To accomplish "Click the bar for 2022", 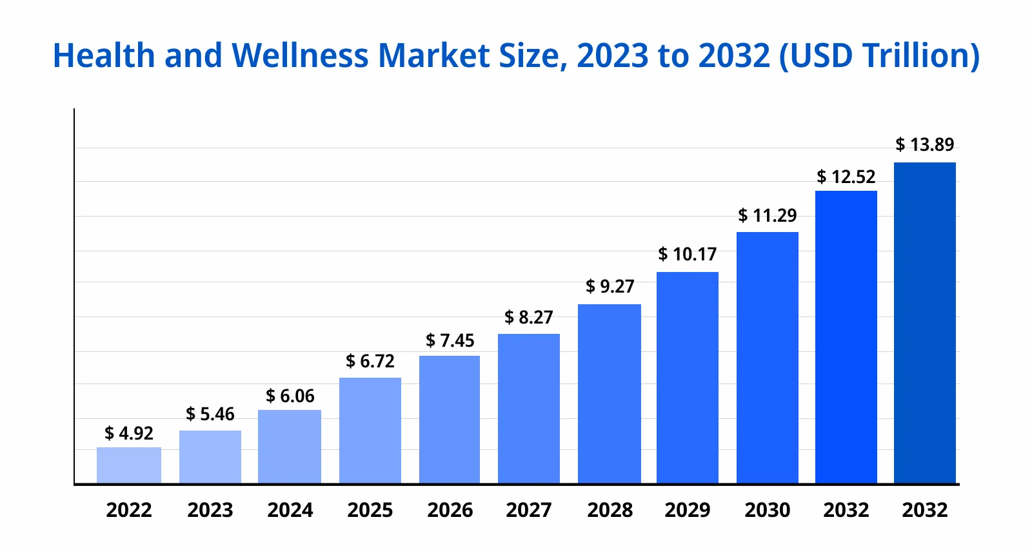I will point(129,465).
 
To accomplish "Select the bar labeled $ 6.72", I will point(370,431).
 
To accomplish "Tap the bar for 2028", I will point(610,394).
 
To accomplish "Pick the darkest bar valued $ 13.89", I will point(924,323).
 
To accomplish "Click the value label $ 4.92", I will point(129,433).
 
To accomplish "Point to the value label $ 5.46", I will point(210,414).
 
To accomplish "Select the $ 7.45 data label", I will point(450,340).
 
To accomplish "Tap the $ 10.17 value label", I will point(688,254).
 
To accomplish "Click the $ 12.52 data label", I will point(846,177).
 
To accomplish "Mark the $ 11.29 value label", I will point(768,215).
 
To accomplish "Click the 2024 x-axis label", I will point(290,510).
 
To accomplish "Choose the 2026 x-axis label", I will point(450,510).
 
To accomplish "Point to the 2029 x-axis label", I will point(688,510).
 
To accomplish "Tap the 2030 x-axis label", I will point(768,510).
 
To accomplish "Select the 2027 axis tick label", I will point(529,510).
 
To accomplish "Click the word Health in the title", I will point(103,55).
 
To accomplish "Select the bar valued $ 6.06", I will point(290,447).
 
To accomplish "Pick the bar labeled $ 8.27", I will point(529,409).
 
